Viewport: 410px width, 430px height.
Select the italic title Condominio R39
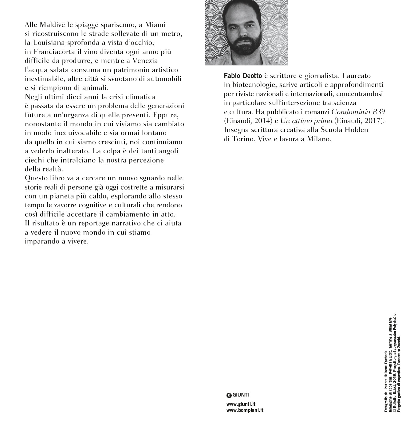(358, 112)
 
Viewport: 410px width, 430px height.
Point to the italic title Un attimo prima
(306, 121)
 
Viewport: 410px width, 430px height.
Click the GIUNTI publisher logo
(238, 395)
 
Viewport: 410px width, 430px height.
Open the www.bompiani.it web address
(245, 410)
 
